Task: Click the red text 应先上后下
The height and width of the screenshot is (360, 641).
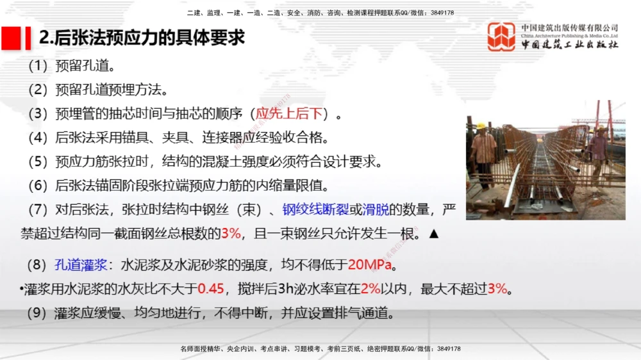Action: [x=288, y=114]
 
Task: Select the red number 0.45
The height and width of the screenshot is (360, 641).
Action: [x=211, y=288]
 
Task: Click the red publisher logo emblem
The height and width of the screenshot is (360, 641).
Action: [x=501, y=37]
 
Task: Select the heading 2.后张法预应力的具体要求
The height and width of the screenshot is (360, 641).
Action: [x=142, y=38]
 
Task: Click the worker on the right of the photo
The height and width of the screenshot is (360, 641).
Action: [x=599, y=151]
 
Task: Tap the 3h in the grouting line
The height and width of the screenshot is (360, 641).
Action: [x=285, y=288]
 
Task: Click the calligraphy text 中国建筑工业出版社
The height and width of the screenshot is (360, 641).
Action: [x=569, y=45]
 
